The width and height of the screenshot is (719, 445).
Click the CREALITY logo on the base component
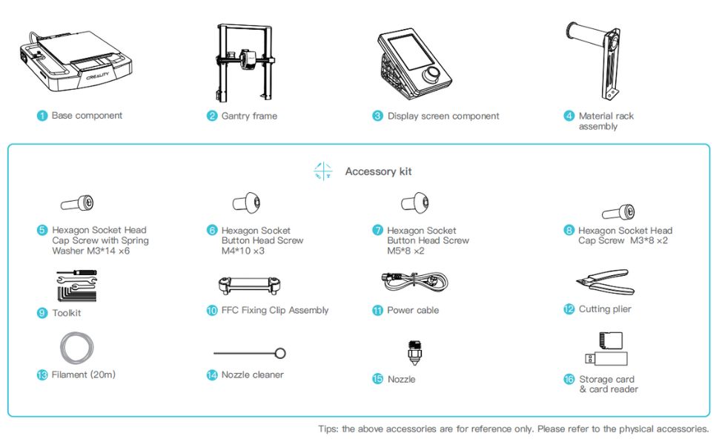click(98, 75)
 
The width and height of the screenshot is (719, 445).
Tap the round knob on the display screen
click(433, 74)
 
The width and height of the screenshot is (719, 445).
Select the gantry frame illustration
click(245, 62)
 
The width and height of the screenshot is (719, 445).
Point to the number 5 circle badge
click(42, 231)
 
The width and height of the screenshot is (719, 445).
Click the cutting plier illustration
click(606, 282)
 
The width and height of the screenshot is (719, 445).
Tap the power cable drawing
click(414, 281)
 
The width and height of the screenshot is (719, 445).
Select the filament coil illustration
click(76, 348)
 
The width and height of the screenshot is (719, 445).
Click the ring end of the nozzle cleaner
click(280, 353)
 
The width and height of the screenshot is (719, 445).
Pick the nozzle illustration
click(414, 353)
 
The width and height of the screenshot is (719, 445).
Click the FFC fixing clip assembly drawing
click(250, 285)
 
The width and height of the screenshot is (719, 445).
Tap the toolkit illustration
click(76, 286)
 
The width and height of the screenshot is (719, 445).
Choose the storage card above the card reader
click(611, 340)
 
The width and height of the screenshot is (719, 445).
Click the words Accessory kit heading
click(378, 171)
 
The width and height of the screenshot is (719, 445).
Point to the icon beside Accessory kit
click(323, 171)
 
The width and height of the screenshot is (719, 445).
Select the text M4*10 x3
click(243, 251)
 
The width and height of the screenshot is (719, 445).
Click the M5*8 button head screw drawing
click(415, 202)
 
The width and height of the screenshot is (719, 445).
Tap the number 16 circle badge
click(569, 380)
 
